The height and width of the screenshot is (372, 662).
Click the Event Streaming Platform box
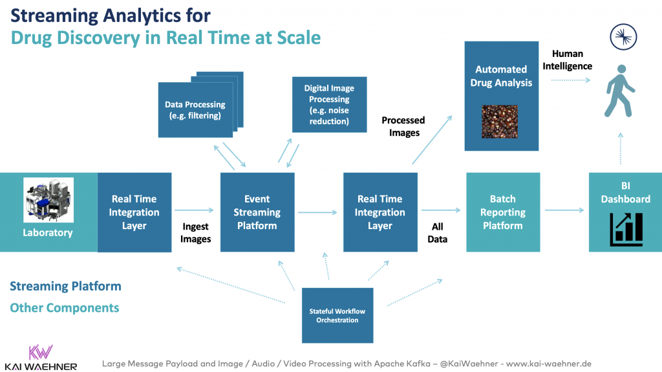point(257,212)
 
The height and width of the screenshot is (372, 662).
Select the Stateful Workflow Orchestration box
point(337,315)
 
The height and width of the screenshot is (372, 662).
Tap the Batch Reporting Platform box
point(502,212)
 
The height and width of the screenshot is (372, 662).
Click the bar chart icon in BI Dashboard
point(625,229)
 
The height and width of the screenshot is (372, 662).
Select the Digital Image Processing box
point(329,104)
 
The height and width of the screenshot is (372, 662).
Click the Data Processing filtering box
point(195,110)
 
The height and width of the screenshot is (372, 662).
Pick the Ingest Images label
point(195,234)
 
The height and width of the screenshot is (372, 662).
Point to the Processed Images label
point(403,126)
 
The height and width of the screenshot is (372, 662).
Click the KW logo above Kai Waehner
point(40,351)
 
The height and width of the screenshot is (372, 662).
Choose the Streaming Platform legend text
point(65,286)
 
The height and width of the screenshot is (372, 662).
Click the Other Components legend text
point(65,307)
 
